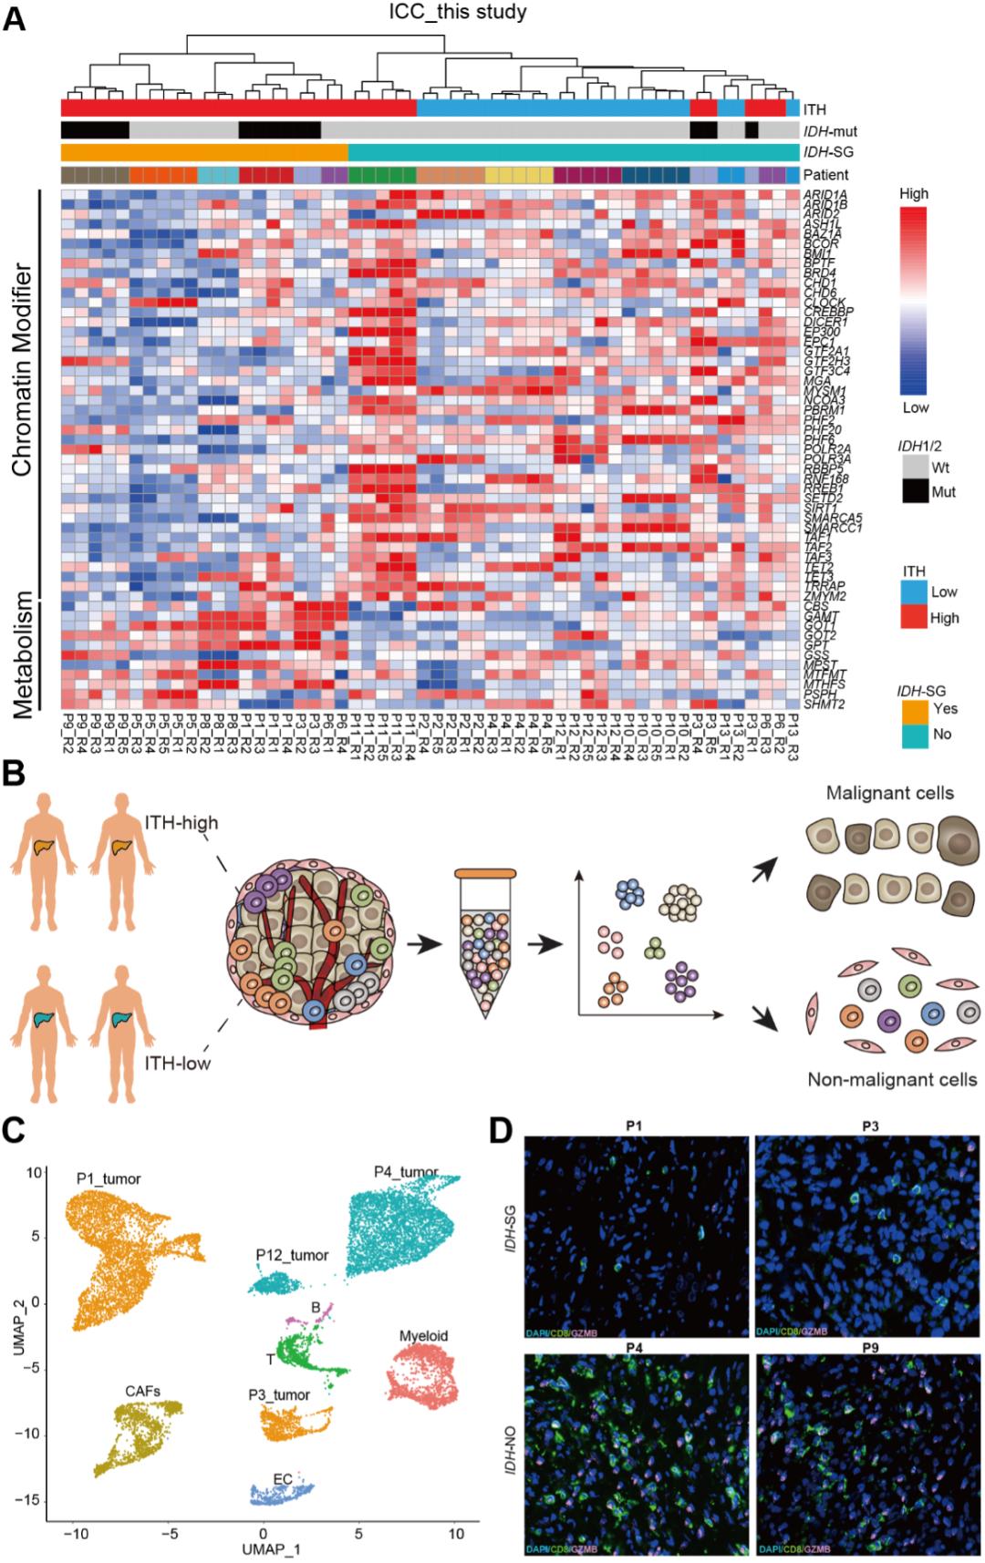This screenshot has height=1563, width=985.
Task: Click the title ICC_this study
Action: [x=457, y=12]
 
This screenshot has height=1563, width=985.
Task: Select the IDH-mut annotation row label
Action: [x=830, y=131]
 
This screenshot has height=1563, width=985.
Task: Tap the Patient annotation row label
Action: [x=825, y=174]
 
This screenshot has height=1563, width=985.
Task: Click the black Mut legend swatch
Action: [x=915, y=491]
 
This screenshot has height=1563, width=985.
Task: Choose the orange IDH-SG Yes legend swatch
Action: [x=915, y=708]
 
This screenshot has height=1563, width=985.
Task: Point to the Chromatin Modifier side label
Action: [x=22, y=369]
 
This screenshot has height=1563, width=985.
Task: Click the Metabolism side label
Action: [x=22, y=653]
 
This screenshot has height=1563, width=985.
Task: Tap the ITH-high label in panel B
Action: [x=181, y=823]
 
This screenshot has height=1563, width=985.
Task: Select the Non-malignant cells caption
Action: [x=892, y=1080]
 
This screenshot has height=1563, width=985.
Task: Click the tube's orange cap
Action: [x=485, y=874]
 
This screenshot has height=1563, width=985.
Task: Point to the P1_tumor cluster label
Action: [x=109, y=1178]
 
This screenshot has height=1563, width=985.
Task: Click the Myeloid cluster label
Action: [x=423, y=1336]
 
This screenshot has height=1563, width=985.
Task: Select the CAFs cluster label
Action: [x=143, y=1391]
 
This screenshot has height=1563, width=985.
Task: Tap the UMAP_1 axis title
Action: [x=272, y=1549]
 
